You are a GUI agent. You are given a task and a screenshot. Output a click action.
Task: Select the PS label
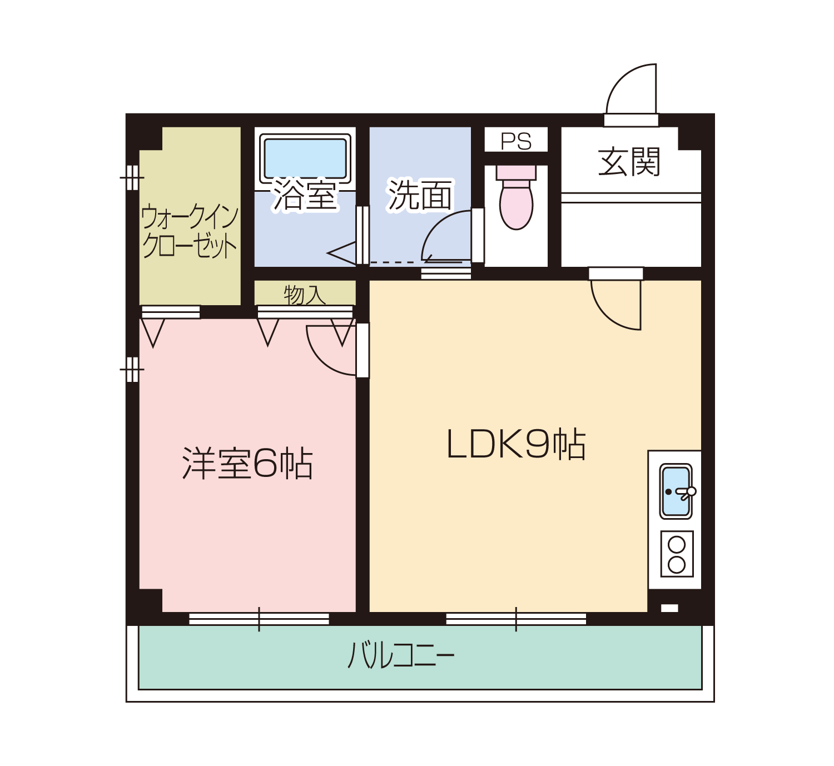point(516,141)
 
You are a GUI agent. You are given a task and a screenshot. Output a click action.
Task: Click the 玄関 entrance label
point(629,161)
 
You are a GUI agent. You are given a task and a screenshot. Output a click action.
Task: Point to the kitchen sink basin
point(676,491)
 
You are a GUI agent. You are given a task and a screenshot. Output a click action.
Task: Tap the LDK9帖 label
point(516,444)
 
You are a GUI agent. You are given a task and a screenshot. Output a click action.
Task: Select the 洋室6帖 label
point(247,463)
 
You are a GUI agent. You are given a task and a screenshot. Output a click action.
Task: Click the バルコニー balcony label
point(401,655)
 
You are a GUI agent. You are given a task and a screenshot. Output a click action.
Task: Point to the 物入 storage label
point(305,295)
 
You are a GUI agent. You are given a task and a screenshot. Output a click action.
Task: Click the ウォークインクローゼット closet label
point(190,231)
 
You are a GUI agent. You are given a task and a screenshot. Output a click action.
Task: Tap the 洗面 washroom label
point(420,195)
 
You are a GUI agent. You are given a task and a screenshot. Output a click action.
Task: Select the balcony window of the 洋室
point(259,619)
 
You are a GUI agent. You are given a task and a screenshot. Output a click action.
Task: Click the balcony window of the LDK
point(516,619)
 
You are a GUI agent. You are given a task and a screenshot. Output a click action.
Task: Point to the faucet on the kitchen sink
point(686,493)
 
